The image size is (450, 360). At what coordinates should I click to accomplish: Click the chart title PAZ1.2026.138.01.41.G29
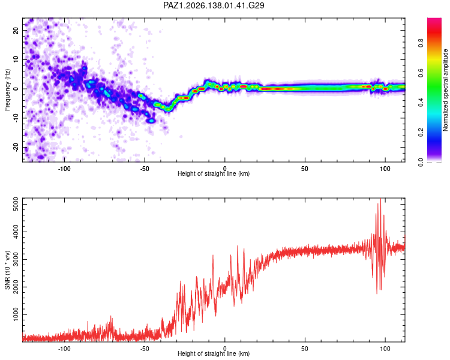tap(214, 5)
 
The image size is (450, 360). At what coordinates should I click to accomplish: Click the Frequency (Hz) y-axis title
tap(7, 90)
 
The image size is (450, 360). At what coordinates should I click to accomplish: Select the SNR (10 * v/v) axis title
tap(7, 270)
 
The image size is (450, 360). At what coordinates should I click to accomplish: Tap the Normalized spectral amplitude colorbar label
tap(445, 90)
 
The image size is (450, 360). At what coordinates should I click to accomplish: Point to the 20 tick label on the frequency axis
tap(16, 30)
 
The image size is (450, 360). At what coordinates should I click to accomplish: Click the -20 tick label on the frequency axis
tap(16, 148)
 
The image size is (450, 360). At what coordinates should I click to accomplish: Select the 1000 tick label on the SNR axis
tap(16, 314)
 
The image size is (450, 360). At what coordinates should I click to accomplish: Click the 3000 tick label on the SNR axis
tap(16, 260)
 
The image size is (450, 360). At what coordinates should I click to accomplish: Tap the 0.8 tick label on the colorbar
tap(421, 43)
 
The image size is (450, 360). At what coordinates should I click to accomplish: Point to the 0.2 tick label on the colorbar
tap(421, 133)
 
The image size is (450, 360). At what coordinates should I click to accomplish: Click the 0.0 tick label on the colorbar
tap(421, 162)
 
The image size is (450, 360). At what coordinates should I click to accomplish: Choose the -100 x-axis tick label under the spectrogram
tap(64, 169)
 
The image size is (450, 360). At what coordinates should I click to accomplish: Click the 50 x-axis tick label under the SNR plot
tap(304, 349)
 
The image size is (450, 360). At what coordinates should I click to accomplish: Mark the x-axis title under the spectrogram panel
tap(214, 173)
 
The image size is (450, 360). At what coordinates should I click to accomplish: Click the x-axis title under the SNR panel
tap(214, 353)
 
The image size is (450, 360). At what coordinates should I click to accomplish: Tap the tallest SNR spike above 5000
tap(380, 200)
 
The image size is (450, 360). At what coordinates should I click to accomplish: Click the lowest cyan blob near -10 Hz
tap(151, 121)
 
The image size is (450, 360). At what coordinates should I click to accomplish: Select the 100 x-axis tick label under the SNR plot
tap(385, 349)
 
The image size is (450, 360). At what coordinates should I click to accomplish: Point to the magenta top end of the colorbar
tap(434, 20)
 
